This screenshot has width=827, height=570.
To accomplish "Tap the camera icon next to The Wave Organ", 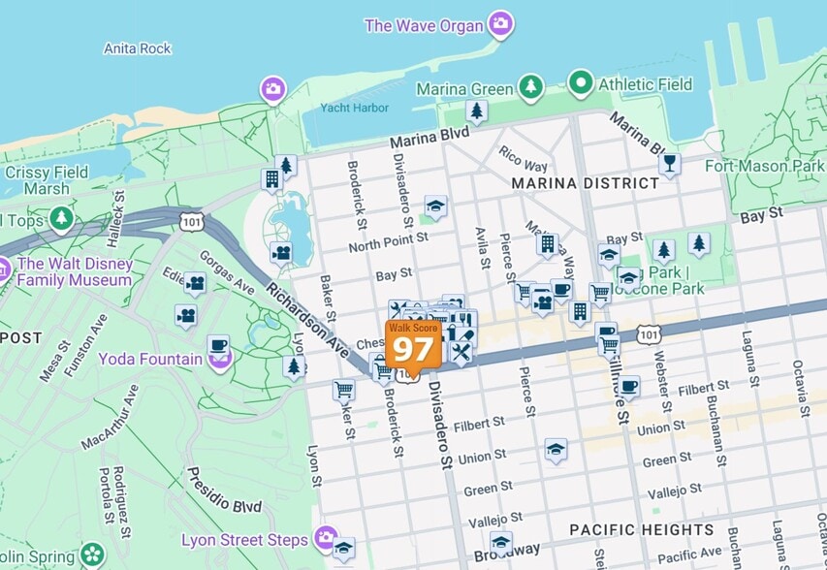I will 500,23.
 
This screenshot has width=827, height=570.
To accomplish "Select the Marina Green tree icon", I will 530,87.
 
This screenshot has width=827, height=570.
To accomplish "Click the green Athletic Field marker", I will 581,83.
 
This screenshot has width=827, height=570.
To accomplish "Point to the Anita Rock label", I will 138,48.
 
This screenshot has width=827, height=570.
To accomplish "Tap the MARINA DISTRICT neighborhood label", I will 571,183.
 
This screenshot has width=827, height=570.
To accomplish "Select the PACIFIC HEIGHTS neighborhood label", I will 641,530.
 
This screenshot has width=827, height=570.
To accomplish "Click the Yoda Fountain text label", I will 149,359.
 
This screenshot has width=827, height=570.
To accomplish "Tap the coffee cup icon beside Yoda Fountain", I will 219,346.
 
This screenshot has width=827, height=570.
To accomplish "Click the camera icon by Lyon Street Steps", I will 326,537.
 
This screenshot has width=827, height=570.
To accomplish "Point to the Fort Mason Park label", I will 764,166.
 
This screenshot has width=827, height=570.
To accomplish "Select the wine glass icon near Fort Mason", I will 668,163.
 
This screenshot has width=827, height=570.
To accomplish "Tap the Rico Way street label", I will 523,159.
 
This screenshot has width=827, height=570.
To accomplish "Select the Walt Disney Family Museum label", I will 74,271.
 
